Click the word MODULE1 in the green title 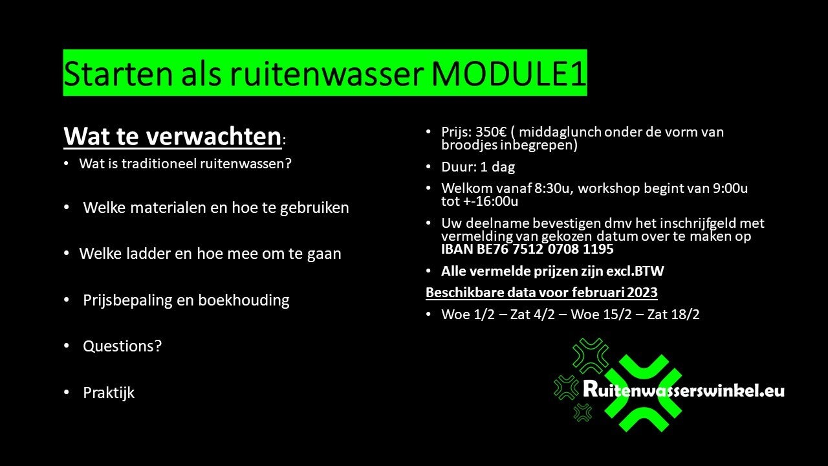pos(508,74)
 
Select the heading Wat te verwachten pos(173,137)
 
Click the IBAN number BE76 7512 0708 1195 pos(545,249)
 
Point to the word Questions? pos(122,346)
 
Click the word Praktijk pos(109,393)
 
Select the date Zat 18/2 pos(673,315)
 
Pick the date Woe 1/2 pos(468,315)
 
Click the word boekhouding pos(244,300)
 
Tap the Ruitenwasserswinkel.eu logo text pos(684,390)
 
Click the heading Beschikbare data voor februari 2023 pos(541,293)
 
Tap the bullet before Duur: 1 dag pos(428,167)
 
